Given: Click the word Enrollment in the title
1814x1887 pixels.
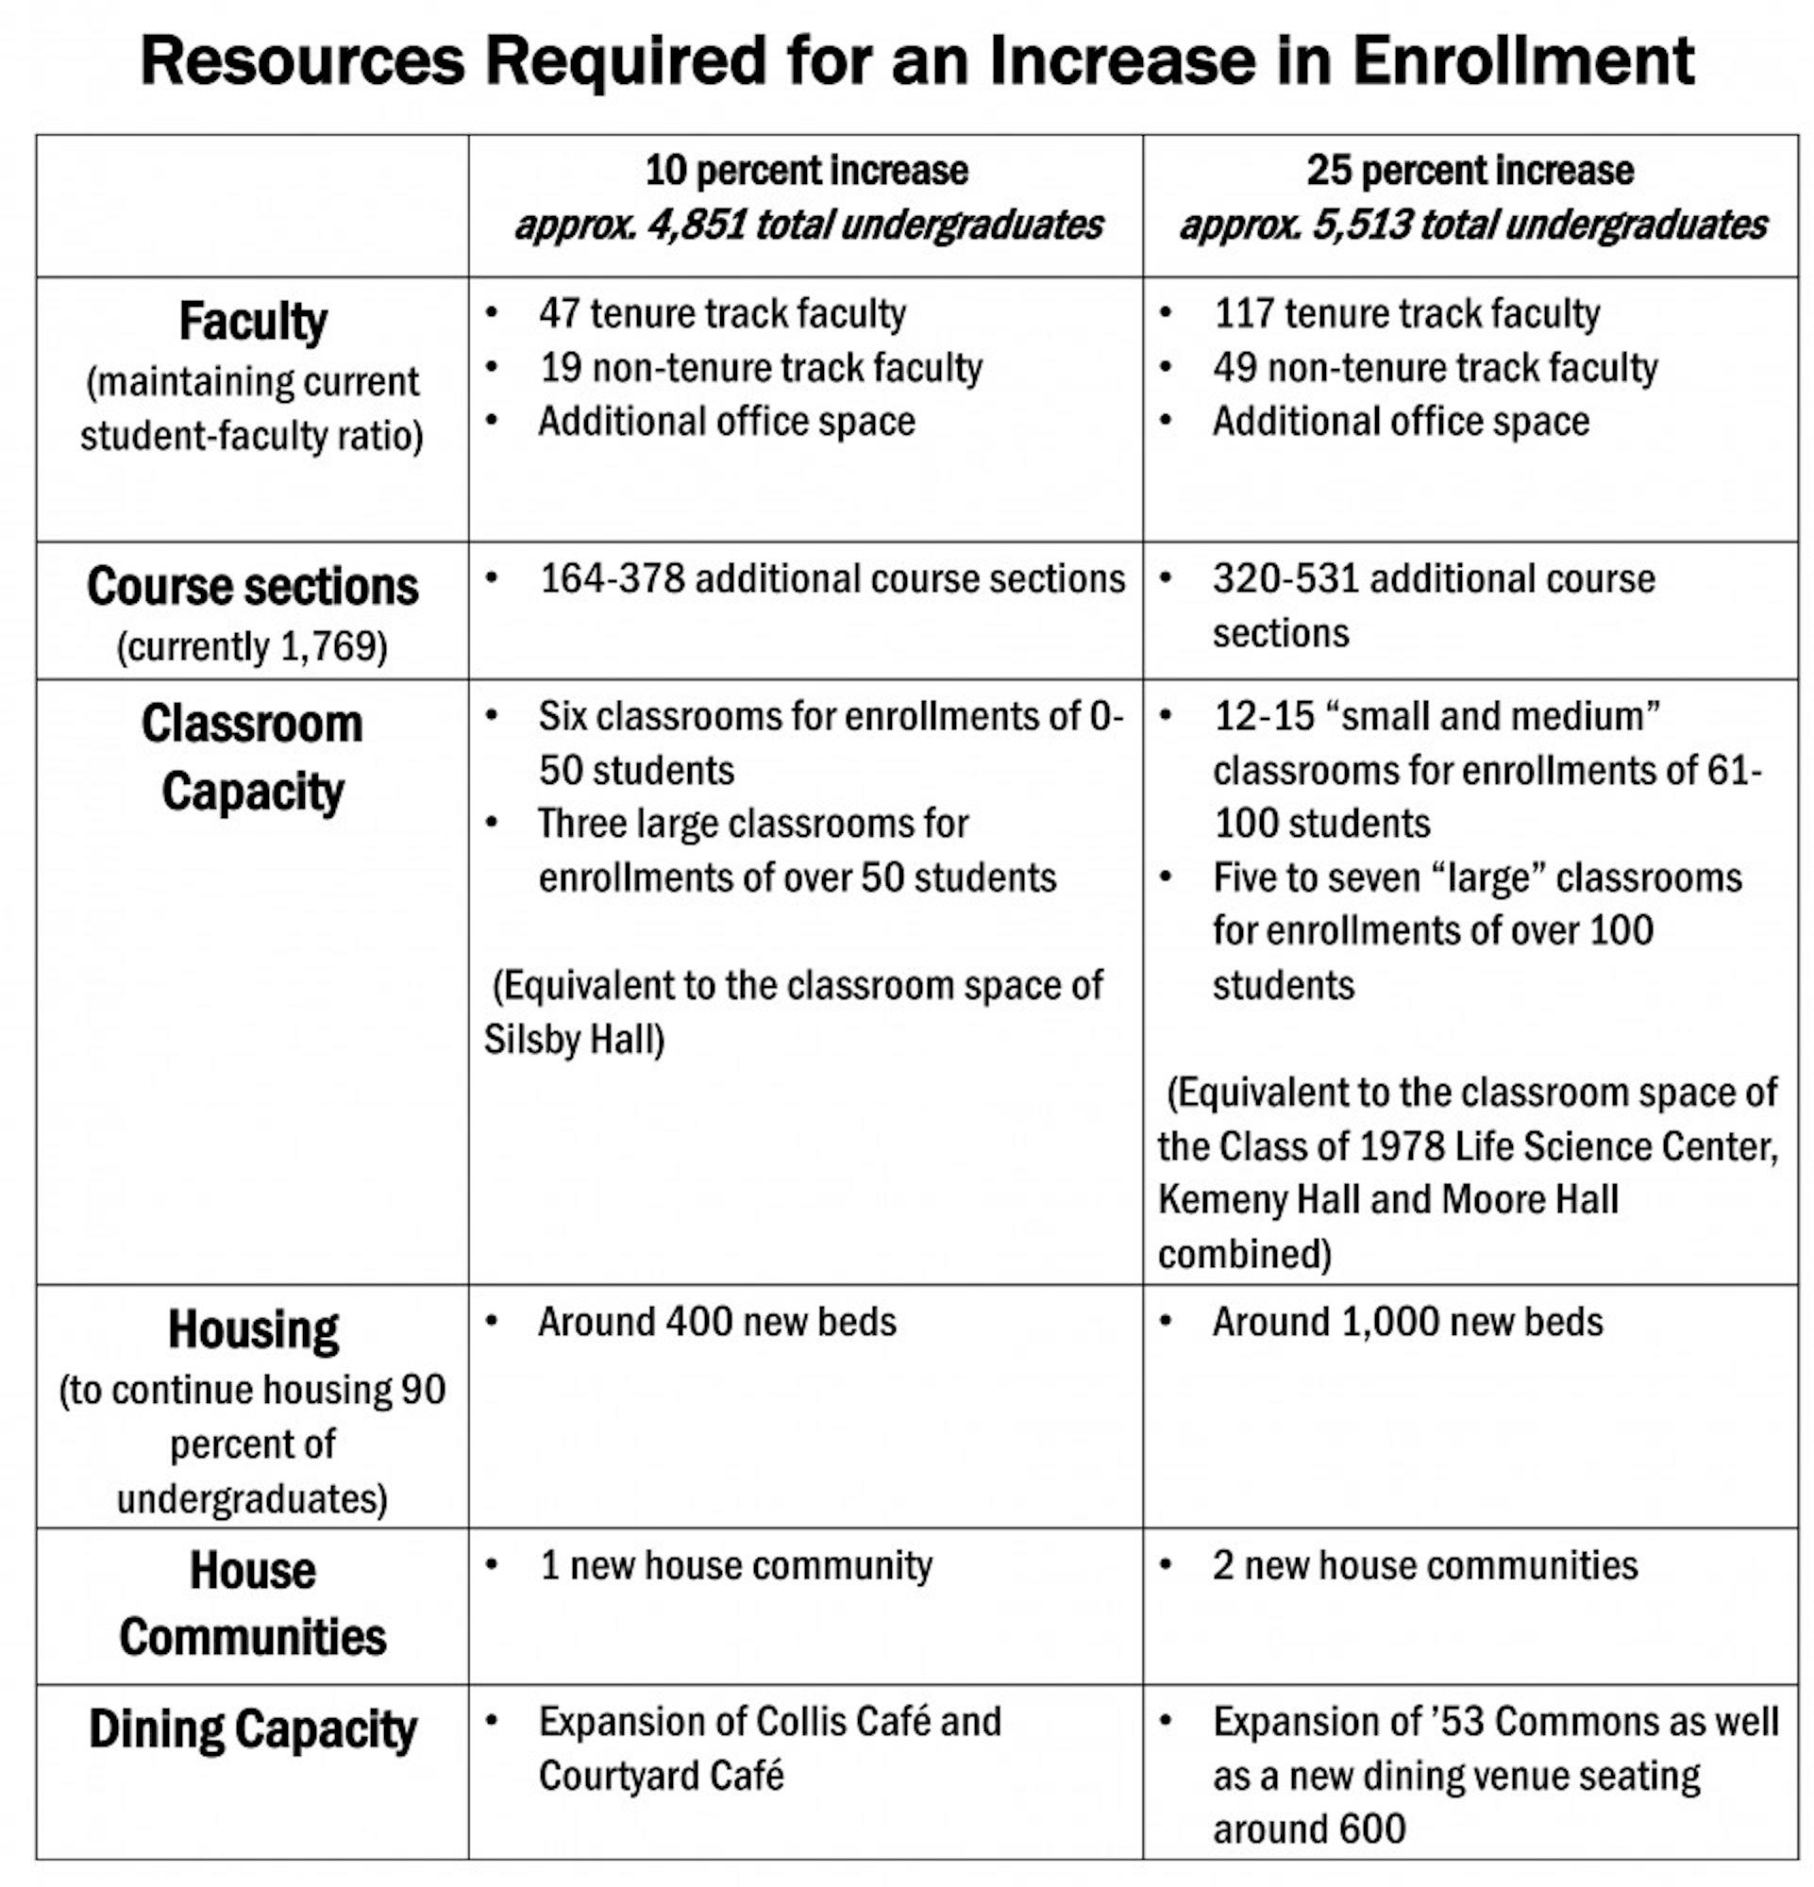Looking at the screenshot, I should pos(1522,60).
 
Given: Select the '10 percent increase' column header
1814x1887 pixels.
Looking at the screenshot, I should pos(806,171).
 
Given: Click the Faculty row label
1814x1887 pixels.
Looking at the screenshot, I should pos(252,322).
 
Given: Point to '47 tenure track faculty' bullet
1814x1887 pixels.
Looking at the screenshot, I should pos(721,314).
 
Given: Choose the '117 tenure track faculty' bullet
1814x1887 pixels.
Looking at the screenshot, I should pos(1405,314).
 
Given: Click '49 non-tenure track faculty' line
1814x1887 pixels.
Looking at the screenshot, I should pos(1435,368).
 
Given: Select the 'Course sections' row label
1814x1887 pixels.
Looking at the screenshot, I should pos(252,586).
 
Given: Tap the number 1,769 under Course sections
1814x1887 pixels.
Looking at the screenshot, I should pos(327,646).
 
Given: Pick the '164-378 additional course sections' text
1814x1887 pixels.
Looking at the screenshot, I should pos(831,578).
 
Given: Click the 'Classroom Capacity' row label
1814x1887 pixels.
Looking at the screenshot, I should pos(252,758).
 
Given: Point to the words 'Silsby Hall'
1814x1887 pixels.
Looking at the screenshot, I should pos(572,1040).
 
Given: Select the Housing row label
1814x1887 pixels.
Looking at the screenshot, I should pos(252,1329).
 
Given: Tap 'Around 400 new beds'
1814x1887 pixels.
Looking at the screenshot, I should pos(716,1322).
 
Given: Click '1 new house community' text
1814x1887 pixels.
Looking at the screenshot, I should pos(735,1565).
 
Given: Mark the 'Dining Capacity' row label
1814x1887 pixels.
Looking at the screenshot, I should pos(252,1728).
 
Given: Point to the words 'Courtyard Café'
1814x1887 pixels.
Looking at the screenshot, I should pos(661,1776).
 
